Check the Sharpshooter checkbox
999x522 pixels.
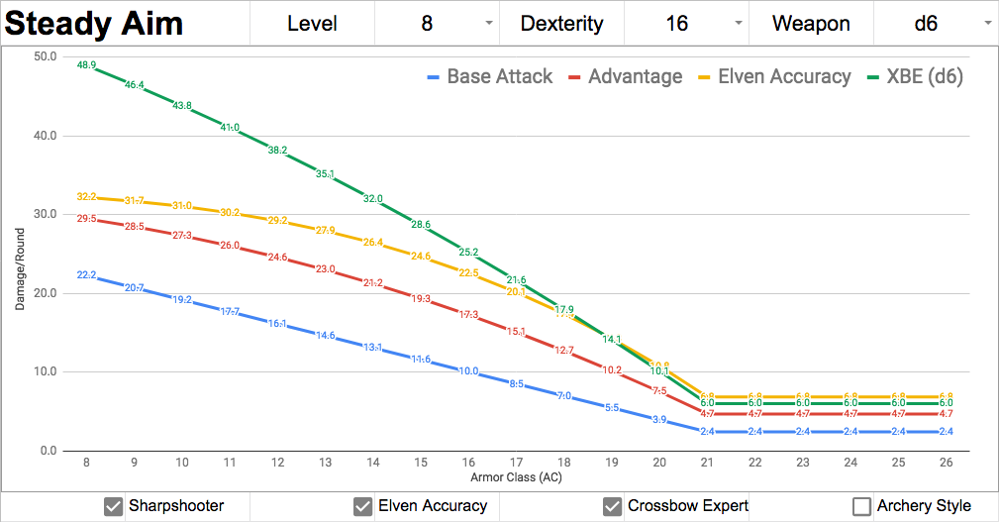point(113,506)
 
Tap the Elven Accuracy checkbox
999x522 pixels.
point(362,506)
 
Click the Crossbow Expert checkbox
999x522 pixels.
point(612,506)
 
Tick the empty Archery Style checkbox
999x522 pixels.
point(861,506)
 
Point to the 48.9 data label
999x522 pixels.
point(86,65)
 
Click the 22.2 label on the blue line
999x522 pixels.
point(86,275)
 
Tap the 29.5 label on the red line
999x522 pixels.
point(86,218)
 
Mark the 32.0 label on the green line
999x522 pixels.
point(372,199)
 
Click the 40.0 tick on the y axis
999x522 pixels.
point(45,136)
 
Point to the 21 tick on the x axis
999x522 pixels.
point(707,463)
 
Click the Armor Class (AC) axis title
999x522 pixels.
point(516,478)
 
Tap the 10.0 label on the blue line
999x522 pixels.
point(468,371)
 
